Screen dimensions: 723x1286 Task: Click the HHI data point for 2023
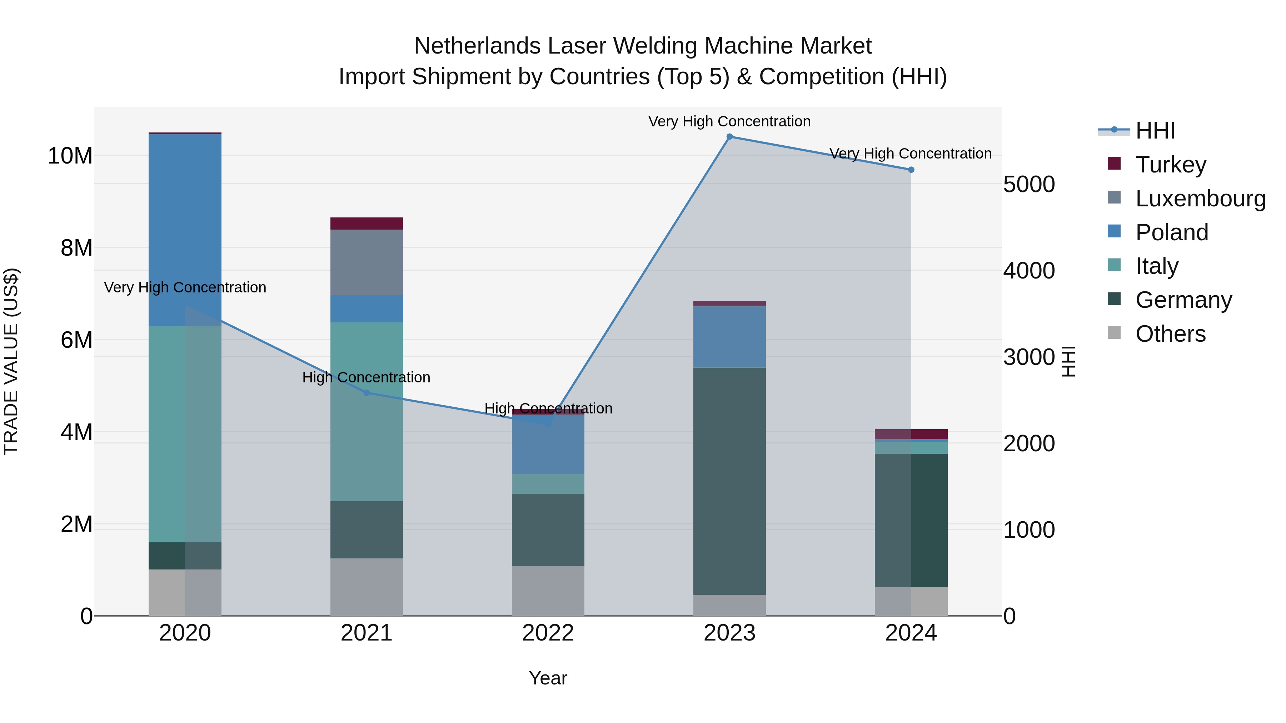coord(729,137)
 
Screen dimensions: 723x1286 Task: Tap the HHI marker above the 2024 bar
coord(911,170)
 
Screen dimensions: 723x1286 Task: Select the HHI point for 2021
coord(367,393)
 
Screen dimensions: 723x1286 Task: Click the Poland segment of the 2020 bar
coord(185,230)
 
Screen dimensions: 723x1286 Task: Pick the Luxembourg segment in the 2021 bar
coord(367,262)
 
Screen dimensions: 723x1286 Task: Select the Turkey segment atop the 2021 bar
coord(367,223)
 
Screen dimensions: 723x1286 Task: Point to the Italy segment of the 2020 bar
coord(167,434)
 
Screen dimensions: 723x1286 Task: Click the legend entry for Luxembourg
coord(1200,198)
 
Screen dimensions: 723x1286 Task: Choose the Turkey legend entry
coord(1170,164)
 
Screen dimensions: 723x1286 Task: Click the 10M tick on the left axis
coord(70,156)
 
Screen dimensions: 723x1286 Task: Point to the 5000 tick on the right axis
coord(1029,184)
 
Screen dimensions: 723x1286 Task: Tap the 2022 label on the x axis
coord(548,633)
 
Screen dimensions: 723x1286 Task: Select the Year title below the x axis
coord(548,678)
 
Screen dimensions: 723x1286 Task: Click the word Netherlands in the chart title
coord(477,46)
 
